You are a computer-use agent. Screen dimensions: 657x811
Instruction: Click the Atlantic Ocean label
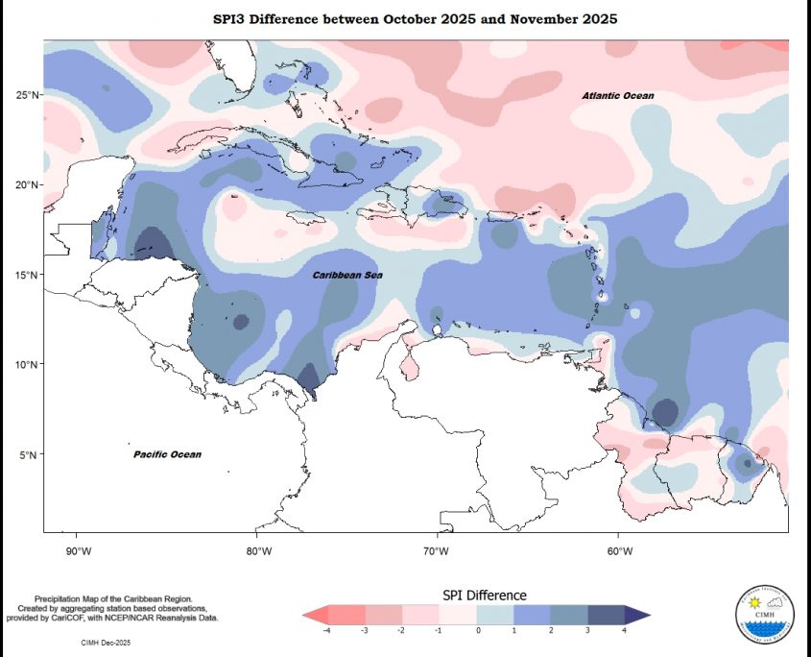click(618, 95)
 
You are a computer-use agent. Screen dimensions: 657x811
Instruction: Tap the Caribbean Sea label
click(347, 275)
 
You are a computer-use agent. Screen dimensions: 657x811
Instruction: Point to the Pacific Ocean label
click(167, 453)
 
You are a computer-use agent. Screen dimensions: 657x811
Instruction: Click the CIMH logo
click(765, 612)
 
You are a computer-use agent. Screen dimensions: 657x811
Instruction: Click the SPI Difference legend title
click(484, 596)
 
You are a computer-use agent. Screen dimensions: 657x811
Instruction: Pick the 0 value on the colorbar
click(477, 630)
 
